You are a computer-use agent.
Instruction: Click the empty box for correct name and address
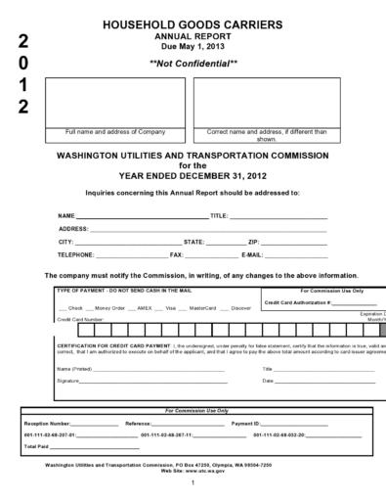(266, 101)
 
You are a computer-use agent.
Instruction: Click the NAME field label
(66, 215)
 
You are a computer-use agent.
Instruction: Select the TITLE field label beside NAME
(219, 215)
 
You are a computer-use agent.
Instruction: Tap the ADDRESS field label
(73, 228)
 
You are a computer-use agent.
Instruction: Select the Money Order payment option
(110, 308)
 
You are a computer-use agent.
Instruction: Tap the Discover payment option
(240, 308)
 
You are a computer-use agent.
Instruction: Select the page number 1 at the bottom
(193, 482)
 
